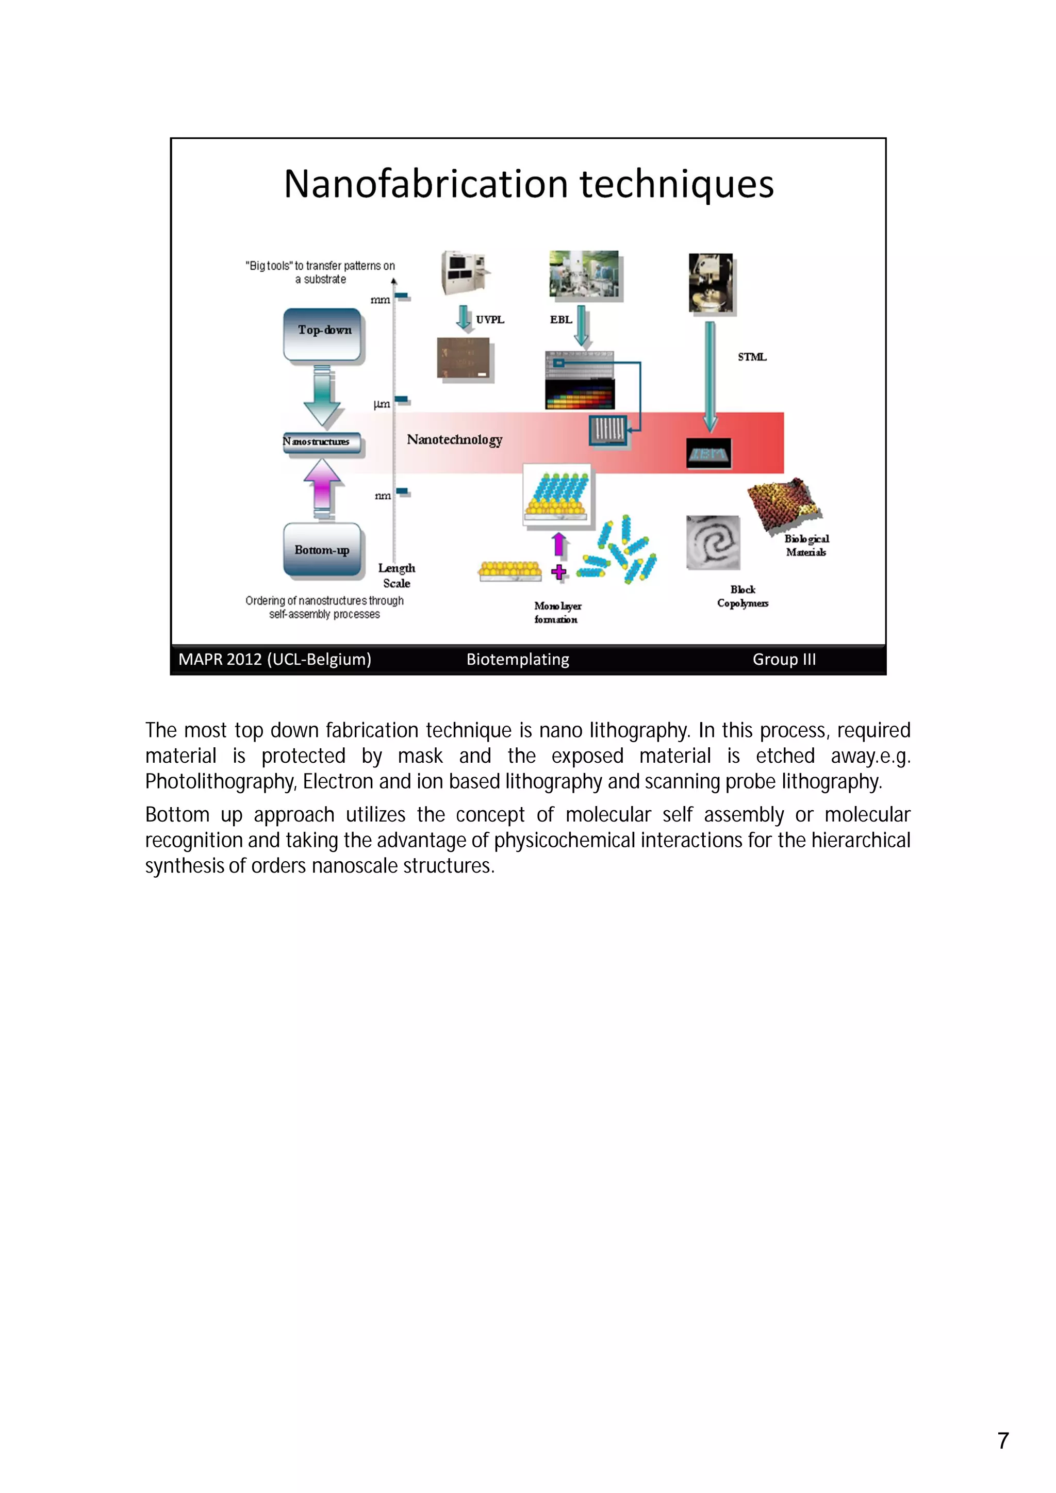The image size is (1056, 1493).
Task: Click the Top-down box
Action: pos(323,334)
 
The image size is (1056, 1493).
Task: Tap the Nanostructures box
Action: pos(321,442)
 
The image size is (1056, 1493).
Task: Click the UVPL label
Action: pos(490,319)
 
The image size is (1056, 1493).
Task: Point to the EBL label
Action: pos(560,319)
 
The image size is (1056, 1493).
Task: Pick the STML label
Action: pos(752,356)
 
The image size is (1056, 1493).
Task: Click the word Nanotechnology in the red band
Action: pos(454,440)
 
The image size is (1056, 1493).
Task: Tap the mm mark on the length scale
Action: pos(381,300)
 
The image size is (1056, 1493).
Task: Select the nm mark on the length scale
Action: pos(383,496)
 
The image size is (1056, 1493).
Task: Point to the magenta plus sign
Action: pos(558,572)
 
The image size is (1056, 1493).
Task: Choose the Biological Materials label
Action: pos(806,546)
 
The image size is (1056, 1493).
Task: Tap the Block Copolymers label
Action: pos(742,596)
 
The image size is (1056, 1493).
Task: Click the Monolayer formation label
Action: pos(557,613)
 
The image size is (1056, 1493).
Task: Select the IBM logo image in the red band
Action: pos(709,453)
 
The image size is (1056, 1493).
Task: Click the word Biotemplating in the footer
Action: pos(518,660)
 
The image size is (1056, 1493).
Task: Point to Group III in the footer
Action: pos(784,660)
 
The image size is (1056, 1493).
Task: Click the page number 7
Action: pos(1003,1440)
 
